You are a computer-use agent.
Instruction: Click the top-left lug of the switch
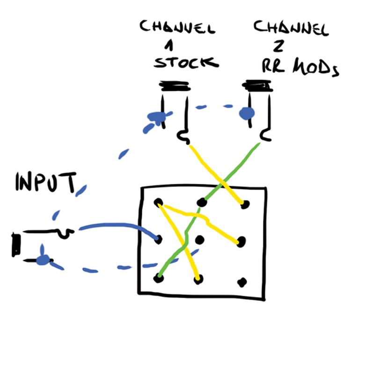coord(159,203)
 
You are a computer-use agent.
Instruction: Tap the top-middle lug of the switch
coord(201,202)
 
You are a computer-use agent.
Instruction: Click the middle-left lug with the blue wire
coord(158,239)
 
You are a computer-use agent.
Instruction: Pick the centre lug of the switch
coord(200,240)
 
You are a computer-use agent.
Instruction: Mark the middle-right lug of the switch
coord(241,241)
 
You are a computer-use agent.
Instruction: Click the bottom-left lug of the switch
coord(158,278)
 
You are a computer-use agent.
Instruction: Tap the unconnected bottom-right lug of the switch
coord(242,282)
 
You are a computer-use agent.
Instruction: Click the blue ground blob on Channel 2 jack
coord(247,113)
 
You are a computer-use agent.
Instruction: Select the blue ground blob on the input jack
coord(44,261)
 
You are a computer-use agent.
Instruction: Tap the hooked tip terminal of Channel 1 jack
coord(183,137)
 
